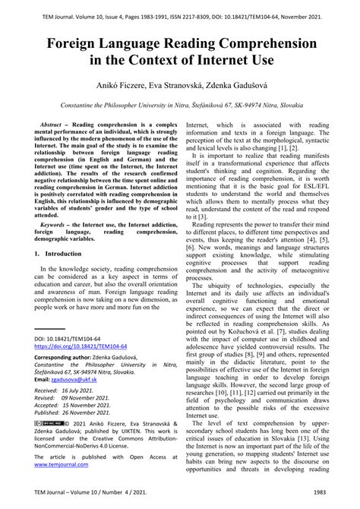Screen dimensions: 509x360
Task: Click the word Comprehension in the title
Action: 263,46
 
